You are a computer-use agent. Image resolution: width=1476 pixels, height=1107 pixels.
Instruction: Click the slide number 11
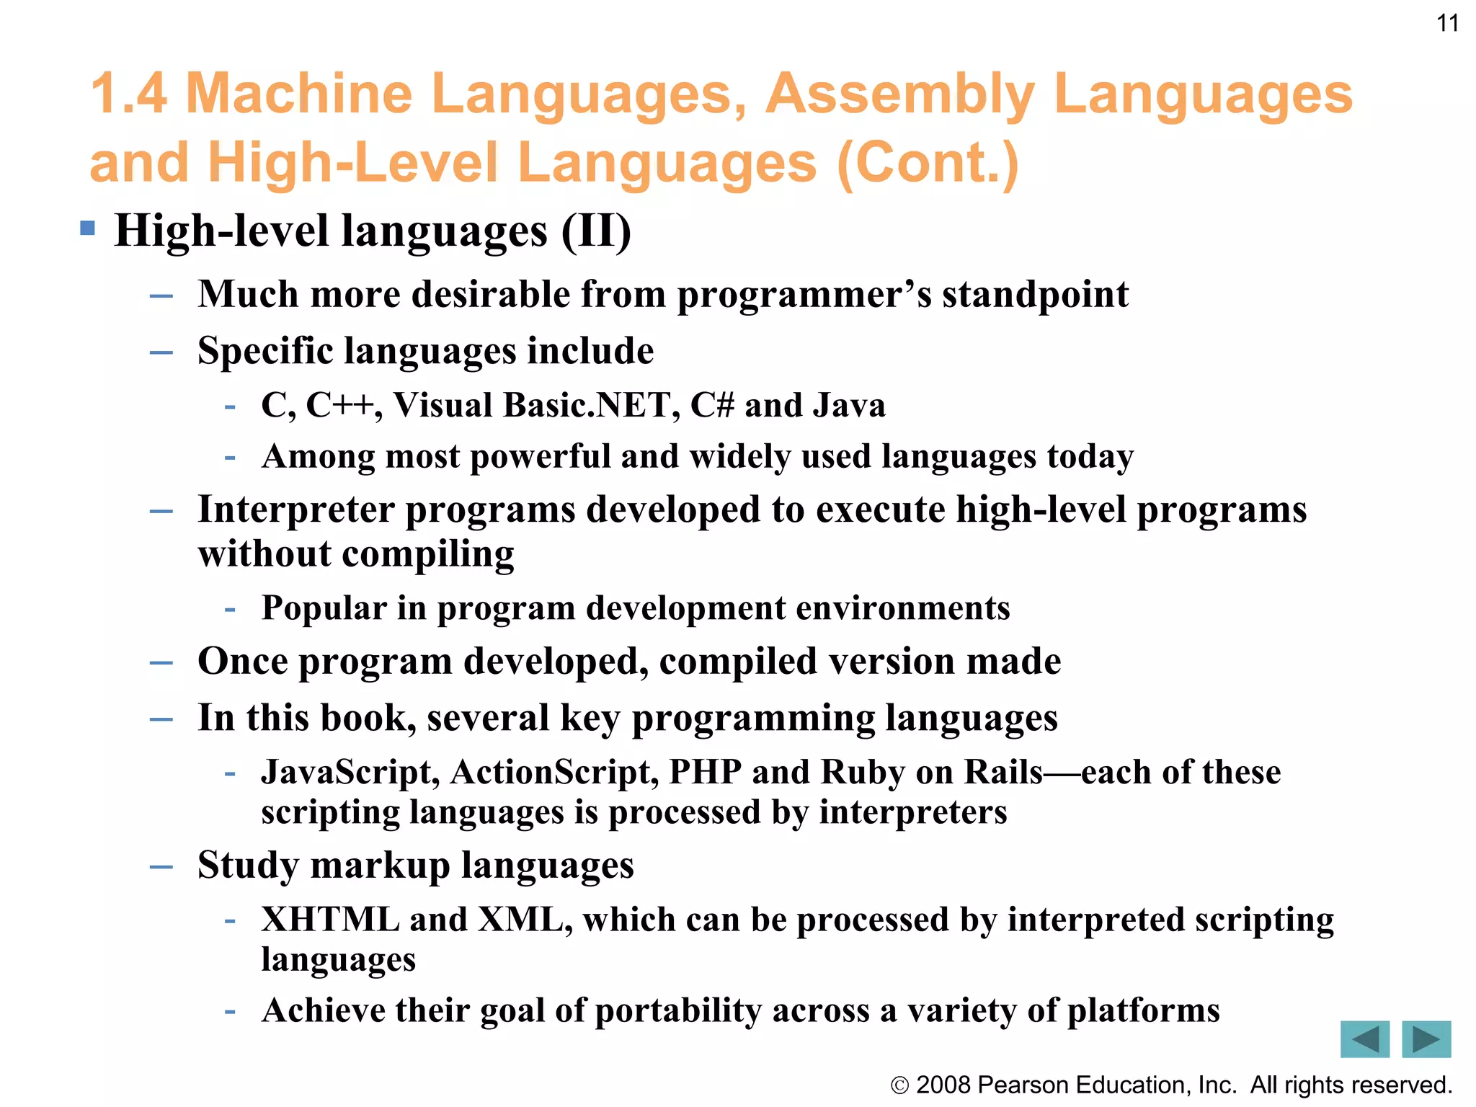point(1447,24)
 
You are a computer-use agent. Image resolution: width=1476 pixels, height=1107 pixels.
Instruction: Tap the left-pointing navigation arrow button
point(1364,1039)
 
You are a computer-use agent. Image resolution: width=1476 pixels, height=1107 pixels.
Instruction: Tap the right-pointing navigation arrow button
point(1426,1039)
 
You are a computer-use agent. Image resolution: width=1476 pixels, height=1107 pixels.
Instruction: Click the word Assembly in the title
point(900,94)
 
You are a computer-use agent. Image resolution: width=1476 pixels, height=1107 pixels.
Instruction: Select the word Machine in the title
point(298,94)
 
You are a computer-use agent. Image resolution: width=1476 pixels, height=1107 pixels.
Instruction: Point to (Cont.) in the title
point(928,163)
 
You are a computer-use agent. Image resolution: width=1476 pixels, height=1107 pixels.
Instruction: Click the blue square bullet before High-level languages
point(88,229)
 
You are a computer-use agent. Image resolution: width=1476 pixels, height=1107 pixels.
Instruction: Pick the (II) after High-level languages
point(595,231)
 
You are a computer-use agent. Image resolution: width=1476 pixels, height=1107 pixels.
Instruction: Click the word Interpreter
point(296,510)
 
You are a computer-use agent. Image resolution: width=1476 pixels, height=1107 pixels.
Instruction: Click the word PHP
point(705,772)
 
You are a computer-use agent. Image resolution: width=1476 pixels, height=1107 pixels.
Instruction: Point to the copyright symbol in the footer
point(899,1085)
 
